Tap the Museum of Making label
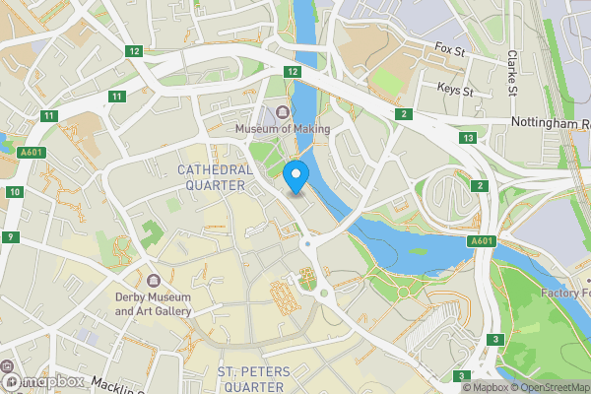pyautogui.click(x=282, y=129)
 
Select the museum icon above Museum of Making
pyautogui.click(x=283, y=112)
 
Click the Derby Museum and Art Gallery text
pyautogui.click(x=154, y=304)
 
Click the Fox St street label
pyautogui.click(x=449, y=47)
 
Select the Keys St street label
pyautogui.click(x=455, y=90)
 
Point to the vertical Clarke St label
pyautogui.click(x=512, y=74)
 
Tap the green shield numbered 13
pyautogui.click(x=468, y=138)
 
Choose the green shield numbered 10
pyautogui.click(x=13, y=191)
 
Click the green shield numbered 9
pyautogui.click(x=9, y=237)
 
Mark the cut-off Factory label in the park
pyautogui.click(x=565, y=294)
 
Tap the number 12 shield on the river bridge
pyautogui.click(x=293, y=72)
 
